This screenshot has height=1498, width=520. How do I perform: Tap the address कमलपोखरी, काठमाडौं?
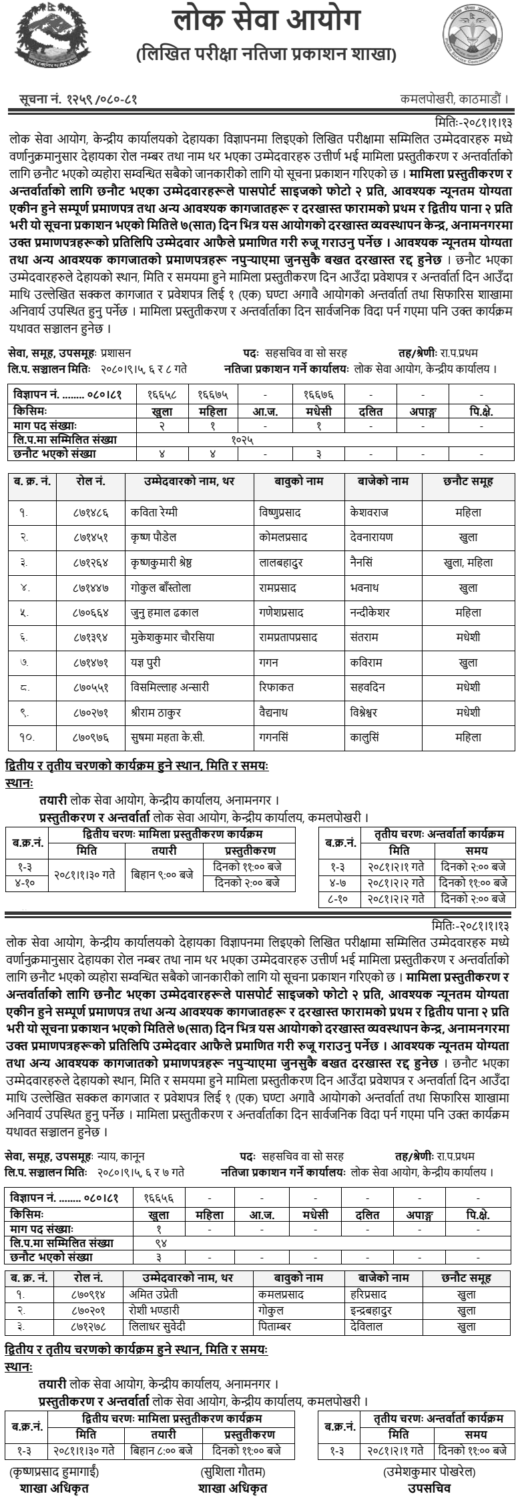(x=454, y=99)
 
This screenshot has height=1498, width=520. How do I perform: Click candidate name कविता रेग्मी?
(x=154, y=512)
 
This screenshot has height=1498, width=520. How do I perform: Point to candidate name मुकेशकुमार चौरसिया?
(x=173, y=637)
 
